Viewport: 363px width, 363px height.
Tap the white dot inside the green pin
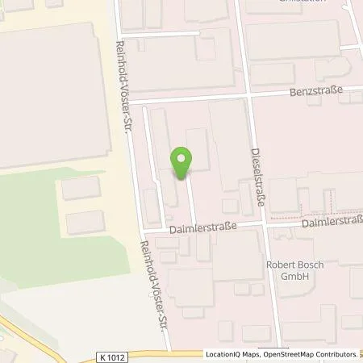[x=182, y=158]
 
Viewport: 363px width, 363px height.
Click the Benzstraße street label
[x=317, y=92]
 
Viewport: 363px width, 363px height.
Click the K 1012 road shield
[x=117, y=355]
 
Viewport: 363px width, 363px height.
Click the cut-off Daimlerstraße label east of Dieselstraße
[x=332, y=219]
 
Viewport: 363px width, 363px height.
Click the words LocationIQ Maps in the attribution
[x=231, y=354]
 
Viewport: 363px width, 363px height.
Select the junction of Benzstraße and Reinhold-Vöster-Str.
[x=130, y=102]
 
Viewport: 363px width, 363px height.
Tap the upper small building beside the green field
[x=81, y=189]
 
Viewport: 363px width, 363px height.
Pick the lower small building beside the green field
[x=86, y=223]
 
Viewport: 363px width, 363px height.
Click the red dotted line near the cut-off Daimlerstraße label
[x=300, y=216]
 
